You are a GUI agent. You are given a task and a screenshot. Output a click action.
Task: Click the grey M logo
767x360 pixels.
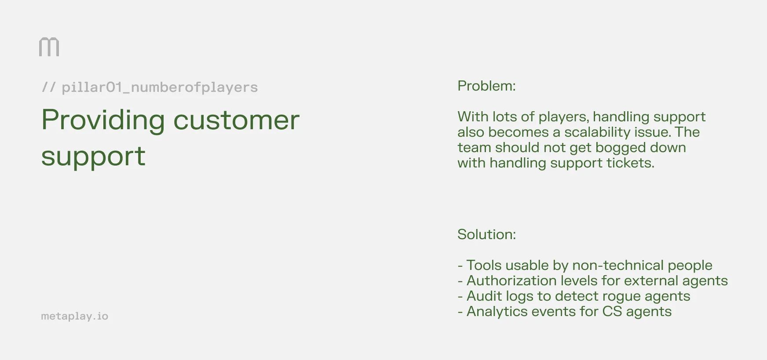[x=49, y=47]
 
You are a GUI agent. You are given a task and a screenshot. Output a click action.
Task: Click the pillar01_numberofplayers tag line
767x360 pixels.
[x=150, y=87]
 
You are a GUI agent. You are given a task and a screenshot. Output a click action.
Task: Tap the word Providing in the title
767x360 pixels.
[x=103, y=120]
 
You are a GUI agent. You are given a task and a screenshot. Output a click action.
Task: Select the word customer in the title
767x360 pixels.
[x=236, y=120]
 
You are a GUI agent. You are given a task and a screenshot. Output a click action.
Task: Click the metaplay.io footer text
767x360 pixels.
[x=74, y=316]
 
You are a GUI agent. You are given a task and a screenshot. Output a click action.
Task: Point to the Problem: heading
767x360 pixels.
[x=486, y=86]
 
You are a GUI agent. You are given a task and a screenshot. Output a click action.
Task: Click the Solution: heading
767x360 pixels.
[x=486, y=234]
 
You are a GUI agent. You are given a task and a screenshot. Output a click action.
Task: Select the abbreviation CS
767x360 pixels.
[x=612, y=311]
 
